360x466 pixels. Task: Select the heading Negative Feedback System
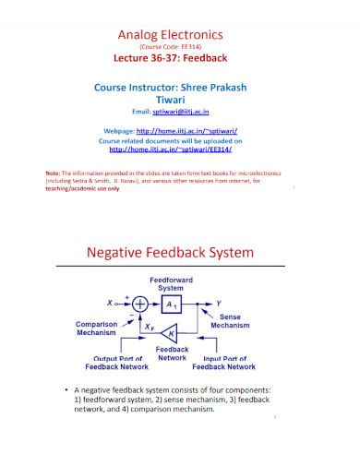(x=172, y=252)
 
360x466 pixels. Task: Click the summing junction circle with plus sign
(x=140, y=303)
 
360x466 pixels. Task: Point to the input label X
(x=110, y=303)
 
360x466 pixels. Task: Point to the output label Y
(x=218, y=303)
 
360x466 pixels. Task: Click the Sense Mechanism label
(x=230, y=321)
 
